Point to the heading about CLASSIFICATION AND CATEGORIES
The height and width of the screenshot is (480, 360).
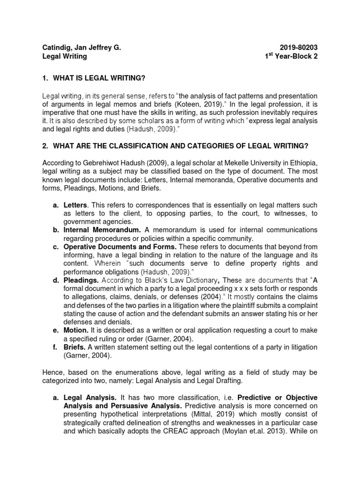[181, 146]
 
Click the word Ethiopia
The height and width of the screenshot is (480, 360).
[302, 162]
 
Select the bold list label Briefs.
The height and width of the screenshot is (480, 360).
[75, 347]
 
